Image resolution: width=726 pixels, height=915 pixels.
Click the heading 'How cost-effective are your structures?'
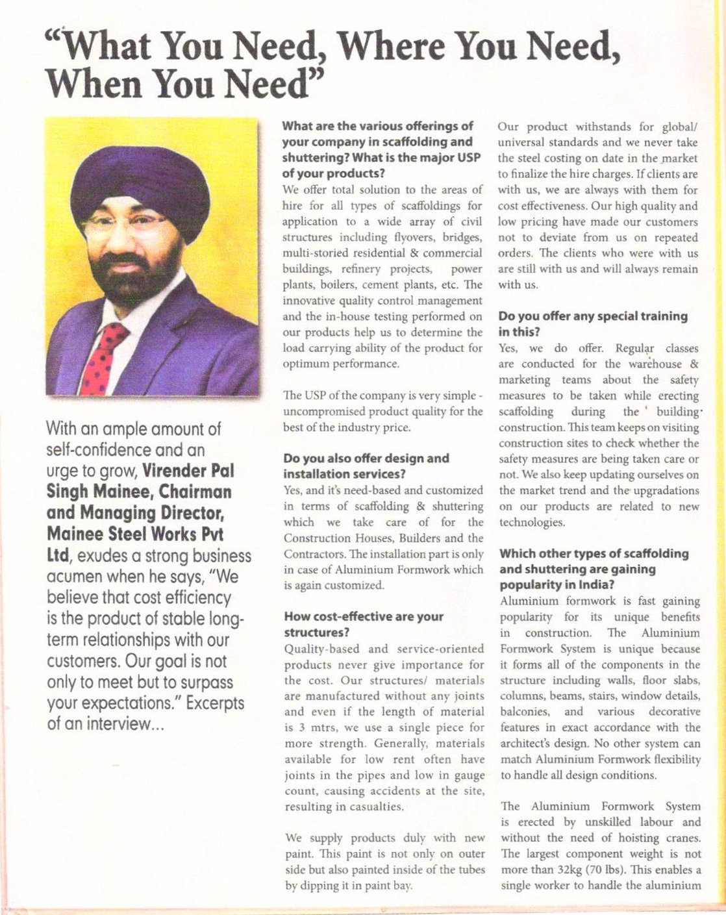(363, 624)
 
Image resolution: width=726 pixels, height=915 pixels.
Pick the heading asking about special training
(592, 323)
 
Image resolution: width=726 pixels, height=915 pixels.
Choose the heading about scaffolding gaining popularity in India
(594, 569)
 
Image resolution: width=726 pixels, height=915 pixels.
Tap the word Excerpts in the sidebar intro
(214, 704)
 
